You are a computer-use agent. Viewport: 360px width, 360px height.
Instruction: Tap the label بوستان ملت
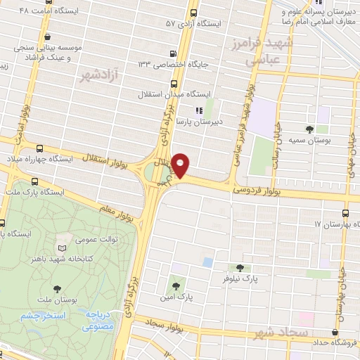(57, 299)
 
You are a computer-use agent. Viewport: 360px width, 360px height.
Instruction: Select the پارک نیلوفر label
(239, 278)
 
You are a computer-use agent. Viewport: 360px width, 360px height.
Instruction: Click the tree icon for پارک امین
(176, 286)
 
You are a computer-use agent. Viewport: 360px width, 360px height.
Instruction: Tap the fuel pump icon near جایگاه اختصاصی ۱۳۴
(173, 53)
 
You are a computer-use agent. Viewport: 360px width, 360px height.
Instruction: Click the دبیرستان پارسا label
(219, 121)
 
